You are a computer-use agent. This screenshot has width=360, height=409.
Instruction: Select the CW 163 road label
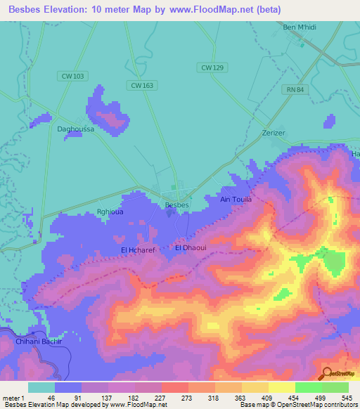(141, 85)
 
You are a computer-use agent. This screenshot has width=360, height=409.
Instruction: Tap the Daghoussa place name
(75, 129)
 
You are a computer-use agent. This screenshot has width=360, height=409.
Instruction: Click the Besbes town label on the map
(176, 204)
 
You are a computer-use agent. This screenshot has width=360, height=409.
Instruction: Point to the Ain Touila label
(236, 200)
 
